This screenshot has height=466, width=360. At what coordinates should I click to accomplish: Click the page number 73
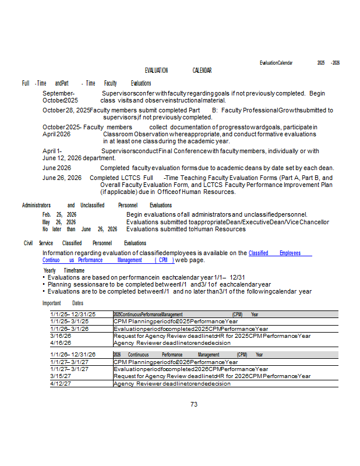[195, 404]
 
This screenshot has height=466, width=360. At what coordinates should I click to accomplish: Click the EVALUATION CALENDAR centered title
[178, 70]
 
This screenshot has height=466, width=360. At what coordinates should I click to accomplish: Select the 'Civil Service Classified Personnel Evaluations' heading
[85, 243]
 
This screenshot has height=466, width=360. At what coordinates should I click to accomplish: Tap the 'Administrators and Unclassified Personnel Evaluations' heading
[97, 205]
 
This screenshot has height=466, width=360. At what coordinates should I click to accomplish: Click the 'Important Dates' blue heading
[63, 303]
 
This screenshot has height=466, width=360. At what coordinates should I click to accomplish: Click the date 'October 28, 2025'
[66, 110]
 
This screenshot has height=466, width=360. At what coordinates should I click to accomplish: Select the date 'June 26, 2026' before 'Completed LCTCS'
[62, 178]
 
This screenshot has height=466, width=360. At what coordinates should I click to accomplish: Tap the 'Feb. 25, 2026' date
[59, 215]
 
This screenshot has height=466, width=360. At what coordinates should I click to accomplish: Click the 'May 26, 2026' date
[59, 222]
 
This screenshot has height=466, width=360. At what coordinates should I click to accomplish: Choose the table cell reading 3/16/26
[61, 336]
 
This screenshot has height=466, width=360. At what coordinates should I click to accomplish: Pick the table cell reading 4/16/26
[61, 343]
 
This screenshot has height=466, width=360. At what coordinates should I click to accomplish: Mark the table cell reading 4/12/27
[61, 383]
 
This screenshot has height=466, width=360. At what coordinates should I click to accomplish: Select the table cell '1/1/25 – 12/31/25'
[73, 314]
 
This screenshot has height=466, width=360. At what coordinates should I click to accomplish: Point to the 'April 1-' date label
[53, 151]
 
